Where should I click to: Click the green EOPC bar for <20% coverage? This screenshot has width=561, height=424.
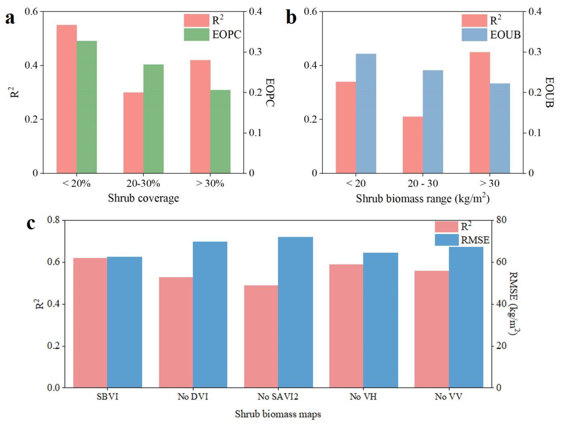(87, 107)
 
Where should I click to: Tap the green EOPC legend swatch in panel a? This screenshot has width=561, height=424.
(197, 34)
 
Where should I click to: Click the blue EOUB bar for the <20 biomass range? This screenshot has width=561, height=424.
(366, 113)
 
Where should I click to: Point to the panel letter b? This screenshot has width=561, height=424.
(291, 18)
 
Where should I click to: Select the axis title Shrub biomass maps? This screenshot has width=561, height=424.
(278, 414)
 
